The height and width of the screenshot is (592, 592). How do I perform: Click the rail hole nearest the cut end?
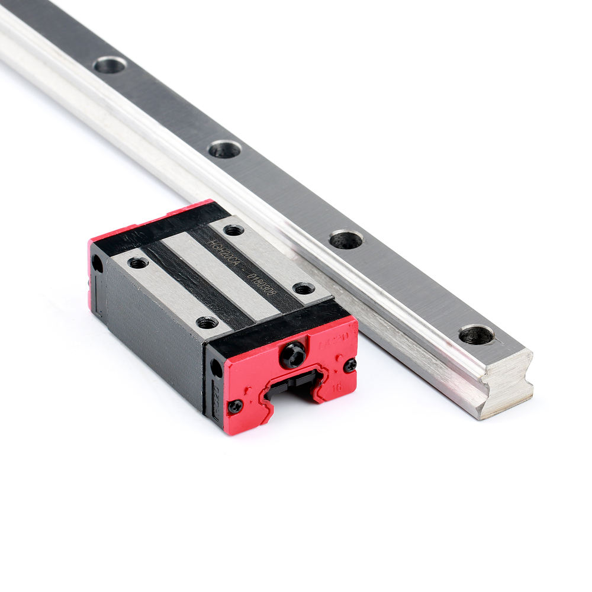point(477,334)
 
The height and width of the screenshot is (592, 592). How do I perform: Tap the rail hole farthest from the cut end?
point(110,65)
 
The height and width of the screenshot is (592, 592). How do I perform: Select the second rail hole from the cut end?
point(346,239)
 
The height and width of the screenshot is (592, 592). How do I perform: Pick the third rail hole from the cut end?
point(225,149)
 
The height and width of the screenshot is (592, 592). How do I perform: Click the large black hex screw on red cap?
point(292,355)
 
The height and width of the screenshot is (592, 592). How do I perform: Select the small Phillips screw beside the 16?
point(350,365)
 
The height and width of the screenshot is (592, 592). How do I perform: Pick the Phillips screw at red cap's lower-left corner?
point(236,406)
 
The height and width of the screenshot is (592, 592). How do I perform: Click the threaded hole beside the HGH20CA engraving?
point(234,230)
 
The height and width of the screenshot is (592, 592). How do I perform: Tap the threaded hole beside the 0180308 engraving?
point(304,288)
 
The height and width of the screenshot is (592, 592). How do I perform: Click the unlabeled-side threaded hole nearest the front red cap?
point(207,323)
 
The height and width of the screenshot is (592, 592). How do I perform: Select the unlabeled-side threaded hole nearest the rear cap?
point(138,262)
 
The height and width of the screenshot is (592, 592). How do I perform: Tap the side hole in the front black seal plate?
point(217,369)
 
